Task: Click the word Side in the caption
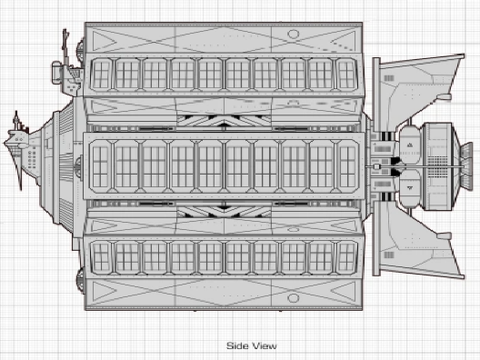coord(237,346)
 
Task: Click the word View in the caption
coord(264,346)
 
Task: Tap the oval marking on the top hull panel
coord(293,34)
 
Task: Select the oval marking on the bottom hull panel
coord(293,298)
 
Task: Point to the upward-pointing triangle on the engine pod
coord(410,145)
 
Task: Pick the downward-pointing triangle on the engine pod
coord(410,188)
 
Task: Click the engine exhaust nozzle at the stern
coord(467,166)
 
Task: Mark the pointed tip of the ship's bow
coord(5,143)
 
